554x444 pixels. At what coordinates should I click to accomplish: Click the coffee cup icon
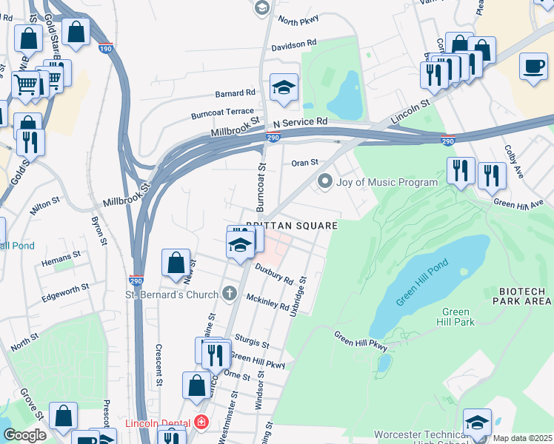[533, 67]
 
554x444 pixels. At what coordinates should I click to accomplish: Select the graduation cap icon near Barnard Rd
[284, 88]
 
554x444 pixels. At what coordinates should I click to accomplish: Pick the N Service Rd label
[300, 121]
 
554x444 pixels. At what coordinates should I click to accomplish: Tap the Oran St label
[304, 163]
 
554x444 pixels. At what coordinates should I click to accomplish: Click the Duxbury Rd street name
[274, 275]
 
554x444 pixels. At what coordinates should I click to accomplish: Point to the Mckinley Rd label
[268, 303]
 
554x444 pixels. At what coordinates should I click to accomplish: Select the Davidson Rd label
[294, 45]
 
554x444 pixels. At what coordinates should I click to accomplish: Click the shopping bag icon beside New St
[176, 263]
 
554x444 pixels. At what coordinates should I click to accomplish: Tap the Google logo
[24, 435]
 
